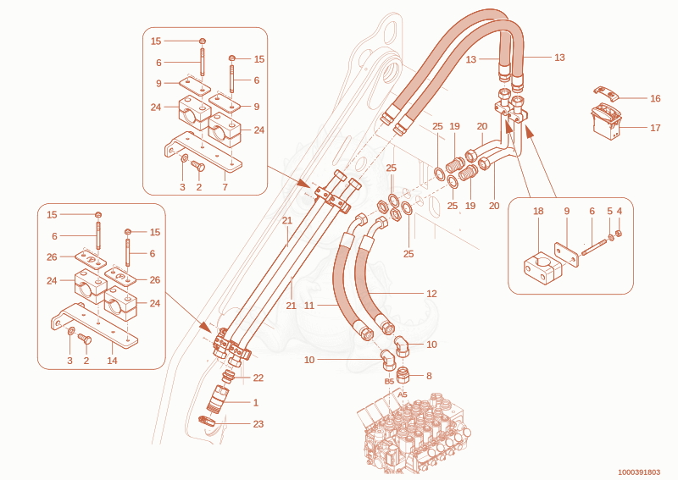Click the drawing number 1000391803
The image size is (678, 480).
click(x=639, y=472)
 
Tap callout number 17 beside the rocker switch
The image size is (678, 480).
click(x=655, y=128)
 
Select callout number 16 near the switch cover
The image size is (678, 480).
click(x=655, y=98)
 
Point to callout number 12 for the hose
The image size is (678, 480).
click(x=431, y=294)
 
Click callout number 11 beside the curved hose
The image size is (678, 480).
click(x=309, y=306)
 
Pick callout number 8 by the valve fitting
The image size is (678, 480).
click(x=429, y=376)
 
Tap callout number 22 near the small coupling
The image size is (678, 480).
click(x=258, y=378)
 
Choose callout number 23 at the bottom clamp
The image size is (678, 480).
click(x=258, y=424)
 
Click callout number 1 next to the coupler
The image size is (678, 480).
click(x=256, y=403)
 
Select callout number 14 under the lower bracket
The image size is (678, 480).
click(x=112, y=361)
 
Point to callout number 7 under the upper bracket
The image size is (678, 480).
click(x=225, y=187)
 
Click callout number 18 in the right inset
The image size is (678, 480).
click(x=538, y=212)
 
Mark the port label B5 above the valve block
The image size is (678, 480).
click(x=389, y=382)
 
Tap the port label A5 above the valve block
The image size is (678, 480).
click(x=403, y=394)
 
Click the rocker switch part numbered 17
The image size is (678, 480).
click(x=606, y=122)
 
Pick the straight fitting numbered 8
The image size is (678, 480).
click(x=403, y=375)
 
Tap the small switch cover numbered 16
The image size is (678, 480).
click(x=605, y=92)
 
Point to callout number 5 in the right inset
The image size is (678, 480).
click(x=609, y=212)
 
